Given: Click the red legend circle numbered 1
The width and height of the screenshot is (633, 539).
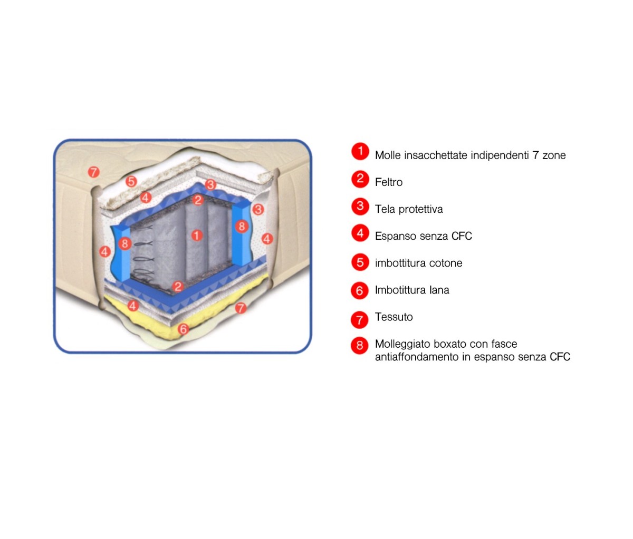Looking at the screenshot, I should click(360, 152).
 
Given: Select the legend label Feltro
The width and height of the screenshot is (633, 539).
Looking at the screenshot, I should click(388, 182).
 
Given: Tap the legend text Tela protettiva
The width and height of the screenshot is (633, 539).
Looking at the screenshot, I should click(409, 209).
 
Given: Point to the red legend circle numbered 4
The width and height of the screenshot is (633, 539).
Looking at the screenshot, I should click(360, 233).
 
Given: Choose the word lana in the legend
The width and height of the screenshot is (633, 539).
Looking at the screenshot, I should click(439, 290).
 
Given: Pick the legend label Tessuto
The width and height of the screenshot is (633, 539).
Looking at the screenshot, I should click(394, 317).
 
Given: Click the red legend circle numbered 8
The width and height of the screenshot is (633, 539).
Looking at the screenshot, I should click(360, 346).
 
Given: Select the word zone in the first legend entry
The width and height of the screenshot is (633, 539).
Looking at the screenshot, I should click(554, 155).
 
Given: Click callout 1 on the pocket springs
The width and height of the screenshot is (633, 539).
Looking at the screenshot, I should click(197, 235).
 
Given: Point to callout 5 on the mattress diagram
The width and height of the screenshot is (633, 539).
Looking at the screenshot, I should click(131, 182).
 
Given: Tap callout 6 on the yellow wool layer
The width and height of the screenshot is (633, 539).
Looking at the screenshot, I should click(183, 329).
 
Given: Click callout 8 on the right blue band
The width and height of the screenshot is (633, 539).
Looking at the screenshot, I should click(242, 227).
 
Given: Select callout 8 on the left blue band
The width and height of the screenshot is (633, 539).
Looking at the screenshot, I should click(125, 243).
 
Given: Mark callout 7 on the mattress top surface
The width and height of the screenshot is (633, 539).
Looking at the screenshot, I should click(93, 172).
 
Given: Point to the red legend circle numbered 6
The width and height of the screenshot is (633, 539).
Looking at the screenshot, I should click(360, 290).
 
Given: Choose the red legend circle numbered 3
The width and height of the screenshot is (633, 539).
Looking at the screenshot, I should click(360, 206).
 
